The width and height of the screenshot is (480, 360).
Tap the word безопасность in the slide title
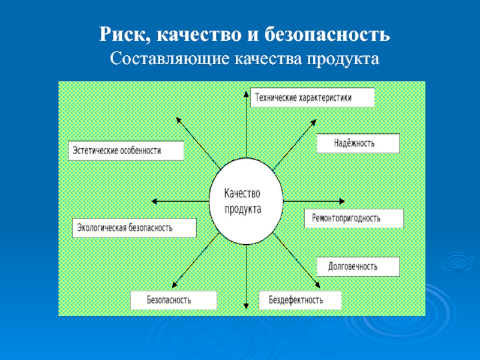[327, 34]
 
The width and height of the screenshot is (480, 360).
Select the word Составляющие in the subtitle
[170, 59]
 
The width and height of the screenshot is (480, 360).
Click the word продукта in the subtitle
[343, 59]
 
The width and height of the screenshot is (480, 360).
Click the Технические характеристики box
[312, 98]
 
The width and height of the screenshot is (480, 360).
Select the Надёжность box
[358, 143]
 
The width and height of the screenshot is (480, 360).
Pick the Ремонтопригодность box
[354, 218]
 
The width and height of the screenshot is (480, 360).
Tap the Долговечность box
[358, 266]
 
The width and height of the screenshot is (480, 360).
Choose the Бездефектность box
[300, 300]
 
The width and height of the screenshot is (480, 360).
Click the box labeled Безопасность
[173, 300]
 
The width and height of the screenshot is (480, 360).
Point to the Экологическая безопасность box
[134, 228]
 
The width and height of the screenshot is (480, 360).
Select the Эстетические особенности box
[126, 151]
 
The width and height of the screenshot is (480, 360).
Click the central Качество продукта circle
[246, 201]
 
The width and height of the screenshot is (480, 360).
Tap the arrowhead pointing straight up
[246, 94]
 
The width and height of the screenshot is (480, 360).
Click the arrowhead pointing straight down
[246, 305]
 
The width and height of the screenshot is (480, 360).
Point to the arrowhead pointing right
[342, 201]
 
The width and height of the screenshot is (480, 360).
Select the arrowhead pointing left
[155, 201]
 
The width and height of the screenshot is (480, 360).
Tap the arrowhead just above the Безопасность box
[175, 284]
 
